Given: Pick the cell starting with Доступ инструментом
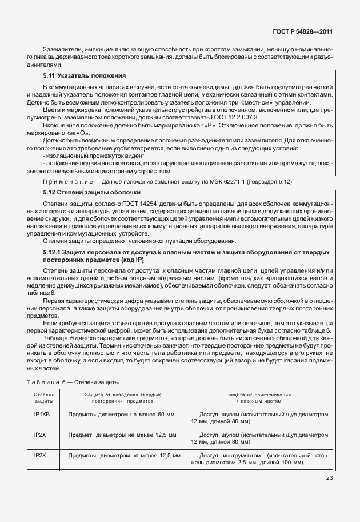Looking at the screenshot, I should point(258,459).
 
